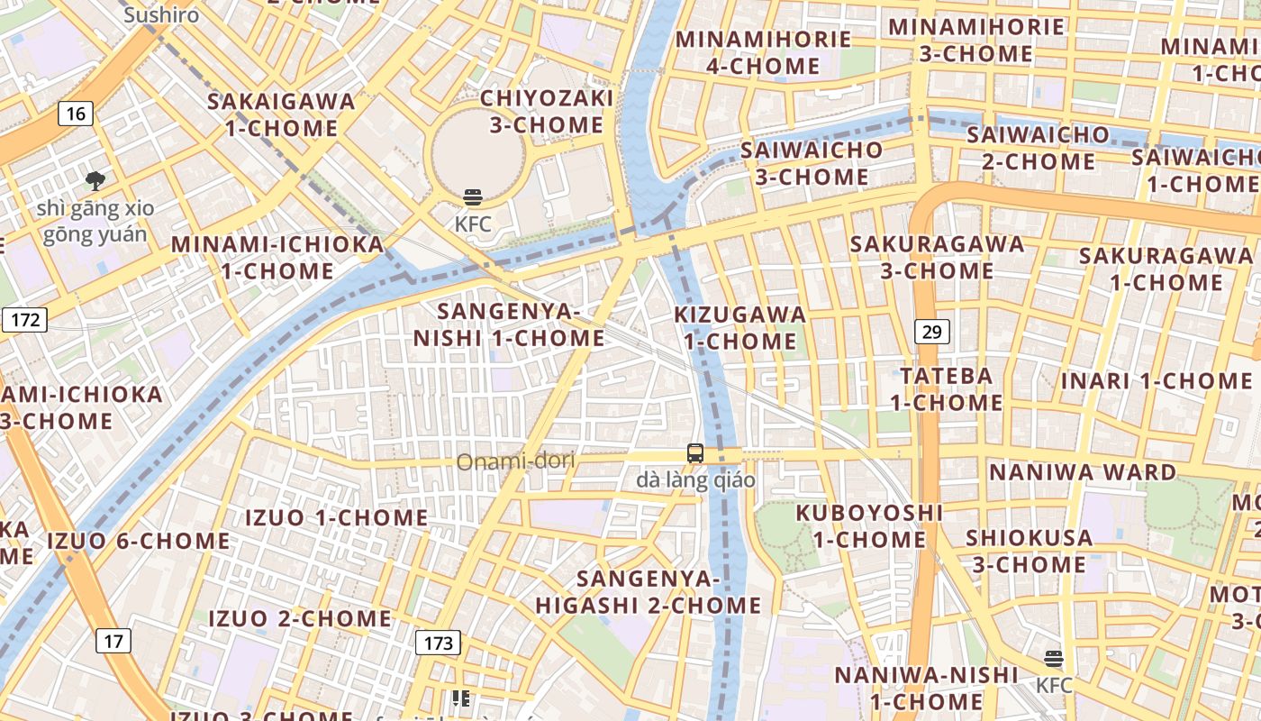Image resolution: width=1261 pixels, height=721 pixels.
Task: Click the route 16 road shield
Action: [x=76, y=114]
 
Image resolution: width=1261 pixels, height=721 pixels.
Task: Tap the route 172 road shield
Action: [x=24, y=319]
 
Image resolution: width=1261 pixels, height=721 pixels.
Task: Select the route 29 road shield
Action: [x=931, y=332]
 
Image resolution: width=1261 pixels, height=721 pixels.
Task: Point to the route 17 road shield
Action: [x=113, y=641]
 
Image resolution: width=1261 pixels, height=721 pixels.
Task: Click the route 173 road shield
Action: [x=438, y=643]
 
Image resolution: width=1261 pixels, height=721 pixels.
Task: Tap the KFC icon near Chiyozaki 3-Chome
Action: [x=473, y=197]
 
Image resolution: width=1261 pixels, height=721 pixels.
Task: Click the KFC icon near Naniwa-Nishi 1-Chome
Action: [x=1054, y=659]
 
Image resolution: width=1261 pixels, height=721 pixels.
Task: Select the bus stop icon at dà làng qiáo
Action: [x=695, y=453]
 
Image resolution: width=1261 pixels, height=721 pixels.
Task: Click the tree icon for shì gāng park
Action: [x=95, y=181]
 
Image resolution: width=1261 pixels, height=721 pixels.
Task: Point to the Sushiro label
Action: [x=161, y=15]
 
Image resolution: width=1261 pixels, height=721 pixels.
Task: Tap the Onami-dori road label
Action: [x=515, y=462]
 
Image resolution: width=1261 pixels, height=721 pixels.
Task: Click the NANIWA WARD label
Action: [x=1083, y=472]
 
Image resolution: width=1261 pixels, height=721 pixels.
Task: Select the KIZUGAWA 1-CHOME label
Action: [x=740, y=328]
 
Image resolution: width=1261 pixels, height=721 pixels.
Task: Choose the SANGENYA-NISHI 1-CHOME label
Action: [x=509, y=324]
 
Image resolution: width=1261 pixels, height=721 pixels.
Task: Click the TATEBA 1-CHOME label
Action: [x=946, y=388]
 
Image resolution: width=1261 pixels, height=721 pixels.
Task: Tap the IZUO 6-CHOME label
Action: [x=139, y=541]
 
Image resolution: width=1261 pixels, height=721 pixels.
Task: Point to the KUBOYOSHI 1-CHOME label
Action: [x=869, y=525]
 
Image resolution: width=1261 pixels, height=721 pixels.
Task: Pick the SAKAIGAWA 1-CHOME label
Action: [x=281, y=114]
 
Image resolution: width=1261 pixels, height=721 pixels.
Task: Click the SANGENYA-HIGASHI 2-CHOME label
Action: [x=649, y=591]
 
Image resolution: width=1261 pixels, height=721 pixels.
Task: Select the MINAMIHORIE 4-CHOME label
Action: [x=763, y=52]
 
